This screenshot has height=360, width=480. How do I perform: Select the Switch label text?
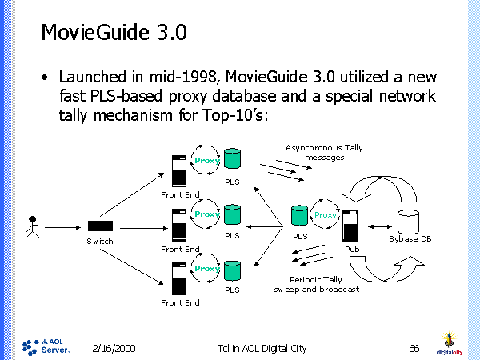click(101, 241)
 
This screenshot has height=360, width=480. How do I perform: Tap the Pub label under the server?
click(352, 249)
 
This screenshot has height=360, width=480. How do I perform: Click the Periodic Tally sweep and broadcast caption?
click(317, 283)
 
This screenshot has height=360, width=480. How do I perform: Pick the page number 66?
click(414, 348)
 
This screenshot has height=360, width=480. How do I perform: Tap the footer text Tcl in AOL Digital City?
click(262, 348)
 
